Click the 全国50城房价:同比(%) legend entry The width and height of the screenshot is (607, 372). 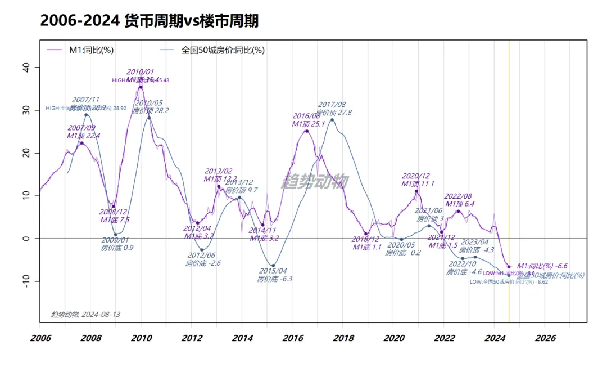223,50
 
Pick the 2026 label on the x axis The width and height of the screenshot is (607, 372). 545,338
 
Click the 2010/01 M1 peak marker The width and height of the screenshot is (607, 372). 141,87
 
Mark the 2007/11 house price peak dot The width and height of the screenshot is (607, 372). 86,115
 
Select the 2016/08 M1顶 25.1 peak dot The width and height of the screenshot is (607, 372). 306,131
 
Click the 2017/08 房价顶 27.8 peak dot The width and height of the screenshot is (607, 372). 332,119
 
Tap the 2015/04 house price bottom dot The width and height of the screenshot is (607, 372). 273,266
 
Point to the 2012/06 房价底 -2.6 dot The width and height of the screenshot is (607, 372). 202,250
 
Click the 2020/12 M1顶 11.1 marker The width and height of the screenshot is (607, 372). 416,191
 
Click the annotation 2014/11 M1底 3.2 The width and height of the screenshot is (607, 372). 262,234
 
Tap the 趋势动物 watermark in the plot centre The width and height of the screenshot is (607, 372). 315,181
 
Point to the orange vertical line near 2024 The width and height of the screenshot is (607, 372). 509,169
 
